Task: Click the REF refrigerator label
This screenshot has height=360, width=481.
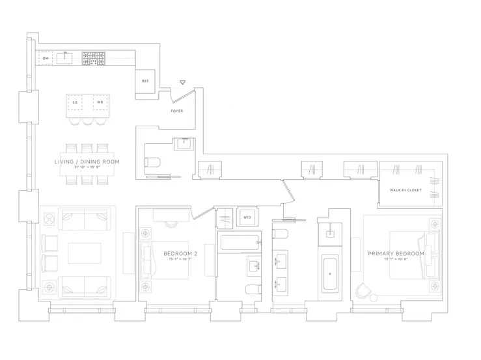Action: click(x=146, y=81)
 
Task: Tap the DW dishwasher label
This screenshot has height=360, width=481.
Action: click(x=45, y=59)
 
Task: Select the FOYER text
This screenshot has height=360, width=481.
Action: click(x=176, y=111)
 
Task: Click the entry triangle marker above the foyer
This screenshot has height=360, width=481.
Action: click(x=183, y=83)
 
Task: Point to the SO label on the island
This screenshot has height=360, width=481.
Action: click(x=76, y=103)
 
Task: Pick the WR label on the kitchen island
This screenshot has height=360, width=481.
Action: click(x=100, y=103)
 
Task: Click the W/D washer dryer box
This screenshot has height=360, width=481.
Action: click(x=247, y=217)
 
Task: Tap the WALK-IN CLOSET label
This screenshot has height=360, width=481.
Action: click(x=405, y=190)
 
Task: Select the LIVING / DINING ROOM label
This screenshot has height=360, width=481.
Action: click(x=87, y=161)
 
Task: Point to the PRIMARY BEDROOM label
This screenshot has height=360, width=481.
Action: click(x=396, y=253)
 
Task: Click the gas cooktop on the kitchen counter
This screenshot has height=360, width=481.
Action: click(x=94, y=59)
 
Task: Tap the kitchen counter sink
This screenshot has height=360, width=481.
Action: click(x=65, y=59)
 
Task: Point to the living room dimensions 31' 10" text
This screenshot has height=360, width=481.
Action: click(x=87, y=168)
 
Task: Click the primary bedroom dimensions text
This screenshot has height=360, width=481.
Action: click(x=396, y=260)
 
